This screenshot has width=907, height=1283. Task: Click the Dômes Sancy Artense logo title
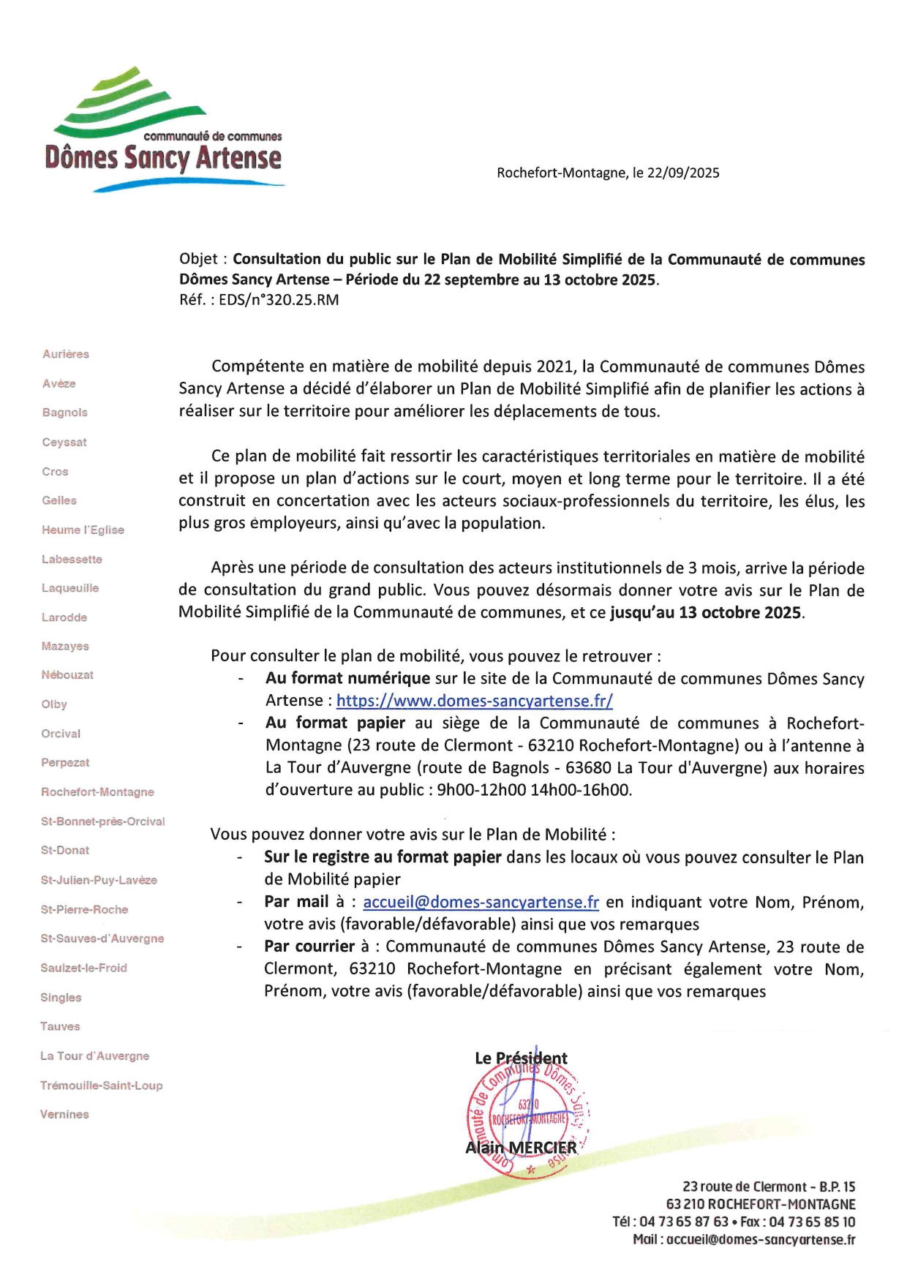(x=162, y=157)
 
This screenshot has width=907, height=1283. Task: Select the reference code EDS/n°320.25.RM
(x=279, y=300)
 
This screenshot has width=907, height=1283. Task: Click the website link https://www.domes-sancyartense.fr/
(x=474, y=701)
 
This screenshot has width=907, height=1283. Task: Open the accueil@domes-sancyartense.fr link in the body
(x=481, y=902)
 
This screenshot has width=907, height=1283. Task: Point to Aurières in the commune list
(x=66, y=354)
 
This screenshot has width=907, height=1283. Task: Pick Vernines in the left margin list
(x=64, y=1114)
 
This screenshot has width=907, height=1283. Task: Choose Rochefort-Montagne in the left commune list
(x=97, y=791)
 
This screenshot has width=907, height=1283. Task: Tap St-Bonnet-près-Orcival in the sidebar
(x=102, y=821)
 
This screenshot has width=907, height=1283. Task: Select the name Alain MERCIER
(x=521, y=1148)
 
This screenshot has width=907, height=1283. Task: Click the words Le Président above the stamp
(x=521, y=1058)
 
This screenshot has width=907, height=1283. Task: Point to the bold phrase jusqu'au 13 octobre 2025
(x=707, y=613)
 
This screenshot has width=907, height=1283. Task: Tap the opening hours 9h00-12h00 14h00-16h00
(x=534, y=790)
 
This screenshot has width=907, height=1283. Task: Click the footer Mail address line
(x=744, y=1240)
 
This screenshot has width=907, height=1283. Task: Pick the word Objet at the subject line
(x=198, y=259)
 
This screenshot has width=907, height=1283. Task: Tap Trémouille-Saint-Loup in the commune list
(x=101, y=1086)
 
